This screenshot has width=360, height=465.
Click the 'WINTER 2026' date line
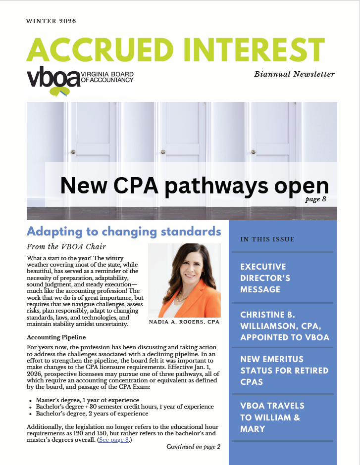[51, 22]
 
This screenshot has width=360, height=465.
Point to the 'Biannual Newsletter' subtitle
[294, 74]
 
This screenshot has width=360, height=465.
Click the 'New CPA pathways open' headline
[194, 186]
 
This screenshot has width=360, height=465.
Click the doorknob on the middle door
[162, 152]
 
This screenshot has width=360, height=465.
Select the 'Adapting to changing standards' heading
[124, 232]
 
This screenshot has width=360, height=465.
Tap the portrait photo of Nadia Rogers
[184, 280]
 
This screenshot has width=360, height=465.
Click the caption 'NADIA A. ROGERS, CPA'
[184, 323]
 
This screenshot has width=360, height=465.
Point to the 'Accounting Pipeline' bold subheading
[56, 337]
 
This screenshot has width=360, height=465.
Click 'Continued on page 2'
[193, 447]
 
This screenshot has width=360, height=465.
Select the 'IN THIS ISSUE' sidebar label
[267, 239]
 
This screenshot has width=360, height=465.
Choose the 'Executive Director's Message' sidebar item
[265, 278]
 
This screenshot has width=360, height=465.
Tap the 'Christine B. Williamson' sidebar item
[284, 326]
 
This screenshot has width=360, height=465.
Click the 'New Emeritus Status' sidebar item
[284, 371]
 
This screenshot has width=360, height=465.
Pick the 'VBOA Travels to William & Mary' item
[272, 417]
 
